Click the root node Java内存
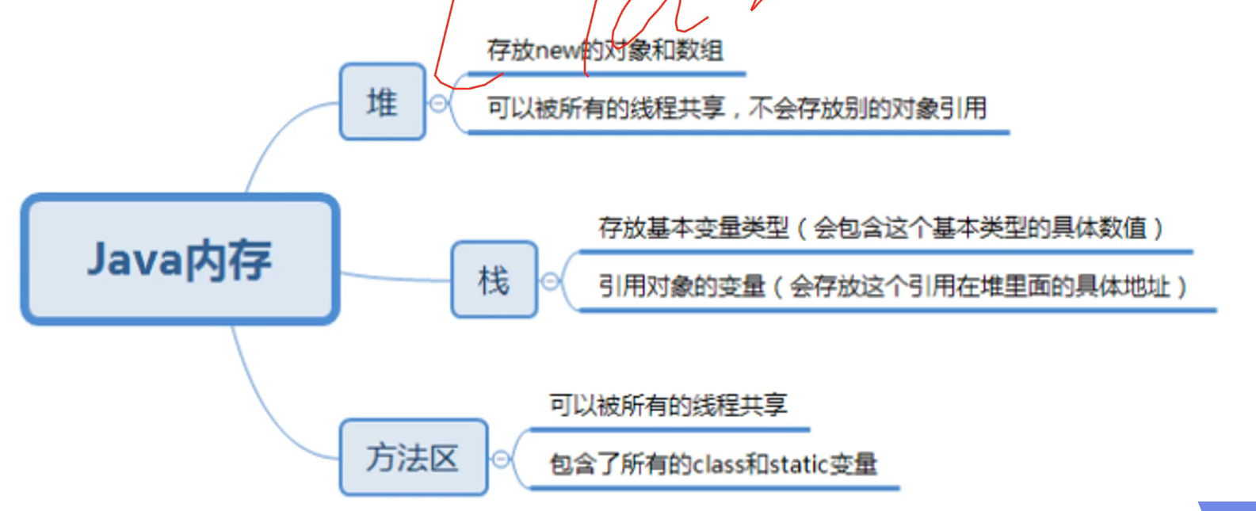click(180, 259)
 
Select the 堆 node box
click(383, 102)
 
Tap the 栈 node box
click(494, 280)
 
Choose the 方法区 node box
click(413, 457)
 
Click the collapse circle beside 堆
click(438, 103)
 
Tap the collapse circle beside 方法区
click(501, 458)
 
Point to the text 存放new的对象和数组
click(605, 51)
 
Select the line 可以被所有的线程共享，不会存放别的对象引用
click(736, 108)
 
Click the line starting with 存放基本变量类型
click(880, 228)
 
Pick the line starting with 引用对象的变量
click(891, 286)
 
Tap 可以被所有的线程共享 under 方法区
click(668, 405)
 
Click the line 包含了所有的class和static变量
click(713, 463)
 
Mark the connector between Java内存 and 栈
click(396, 278)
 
